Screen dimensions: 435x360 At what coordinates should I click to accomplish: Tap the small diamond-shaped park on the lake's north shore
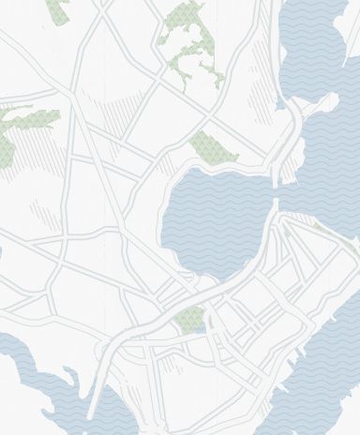point(209,147)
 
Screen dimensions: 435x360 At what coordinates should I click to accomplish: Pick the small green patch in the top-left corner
point(58,9)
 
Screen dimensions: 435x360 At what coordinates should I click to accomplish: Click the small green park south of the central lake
point(188,319)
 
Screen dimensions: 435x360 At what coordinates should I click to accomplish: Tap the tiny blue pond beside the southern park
point(199,328)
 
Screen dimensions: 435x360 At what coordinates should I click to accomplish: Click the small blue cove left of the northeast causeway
point(280,103)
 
